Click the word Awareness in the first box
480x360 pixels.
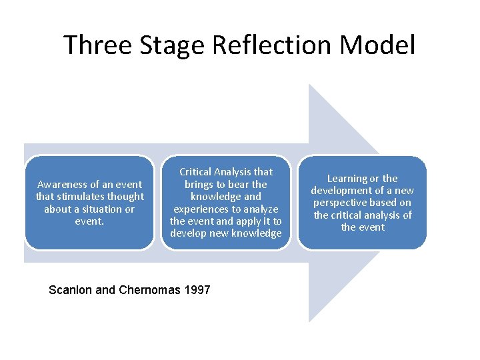[63, 184]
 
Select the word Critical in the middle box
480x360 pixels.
[198, 172]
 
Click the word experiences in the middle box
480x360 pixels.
[200, 209]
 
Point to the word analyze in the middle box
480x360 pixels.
[261, 209]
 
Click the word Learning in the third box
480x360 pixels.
[347, 179]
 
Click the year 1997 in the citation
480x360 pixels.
[197, 290]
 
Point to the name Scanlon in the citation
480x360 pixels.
[69, 290]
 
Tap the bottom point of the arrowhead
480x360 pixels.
[310, 321]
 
